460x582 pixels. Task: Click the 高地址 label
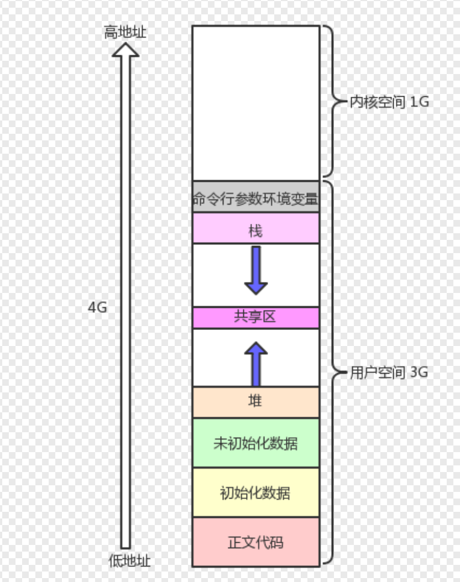(x=126, y=32)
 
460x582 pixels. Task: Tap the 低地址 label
(x=129, y=561)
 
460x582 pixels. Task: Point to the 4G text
(x=97, y=308)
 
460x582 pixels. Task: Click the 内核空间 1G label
(x=389, y=102)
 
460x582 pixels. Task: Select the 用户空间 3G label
(x=389, y=373)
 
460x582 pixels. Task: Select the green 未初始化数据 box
(x=256, y=443)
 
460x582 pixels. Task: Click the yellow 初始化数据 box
(x=256, y=492)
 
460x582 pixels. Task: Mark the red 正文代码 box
(x=256, y=542)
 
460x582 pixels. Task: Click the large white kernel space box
(x=256, y=102)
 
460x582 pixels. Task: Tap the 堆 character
(x=255, y=401)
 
